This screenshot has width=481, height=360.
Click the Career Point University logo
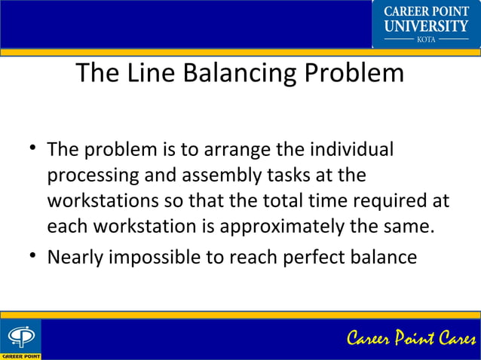coord(426,24)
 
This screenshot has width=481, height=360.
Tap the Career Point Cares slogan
coord(411,339)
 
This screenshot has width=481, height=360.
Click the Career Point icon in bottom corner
coord(20,339)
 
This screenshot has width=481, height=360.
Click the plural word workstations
coord(102,201)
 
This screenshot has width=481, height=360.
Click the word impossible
coord(164,257)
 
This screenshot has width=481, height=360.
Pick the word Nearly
coord(75,257)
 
